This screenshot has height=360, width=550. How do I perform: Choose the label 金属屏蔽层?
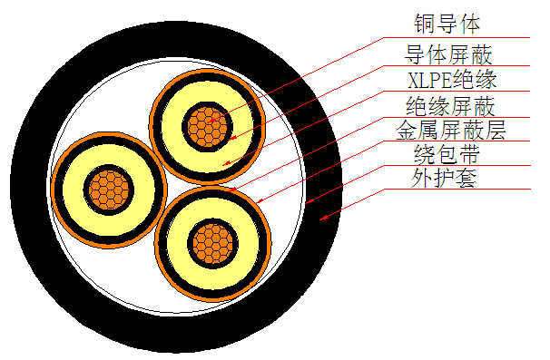(451, 131)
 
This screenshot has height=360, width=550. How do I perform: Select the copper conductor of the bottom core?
(213, 242)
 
